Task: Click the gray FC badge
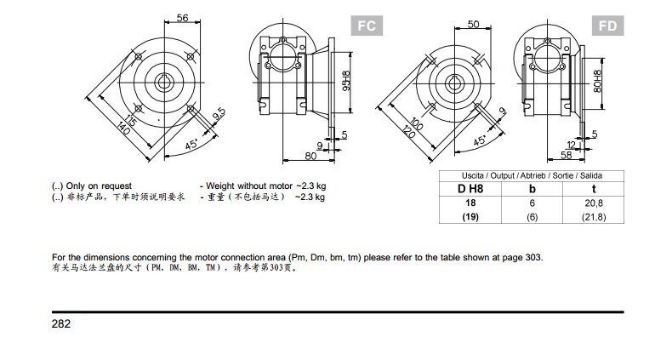tap(365, 26)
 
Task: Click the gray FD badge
tap(607, 26)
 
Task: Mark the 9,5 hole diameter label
tap(219, 113)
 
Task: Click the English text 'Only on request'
tap(99, 185)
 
